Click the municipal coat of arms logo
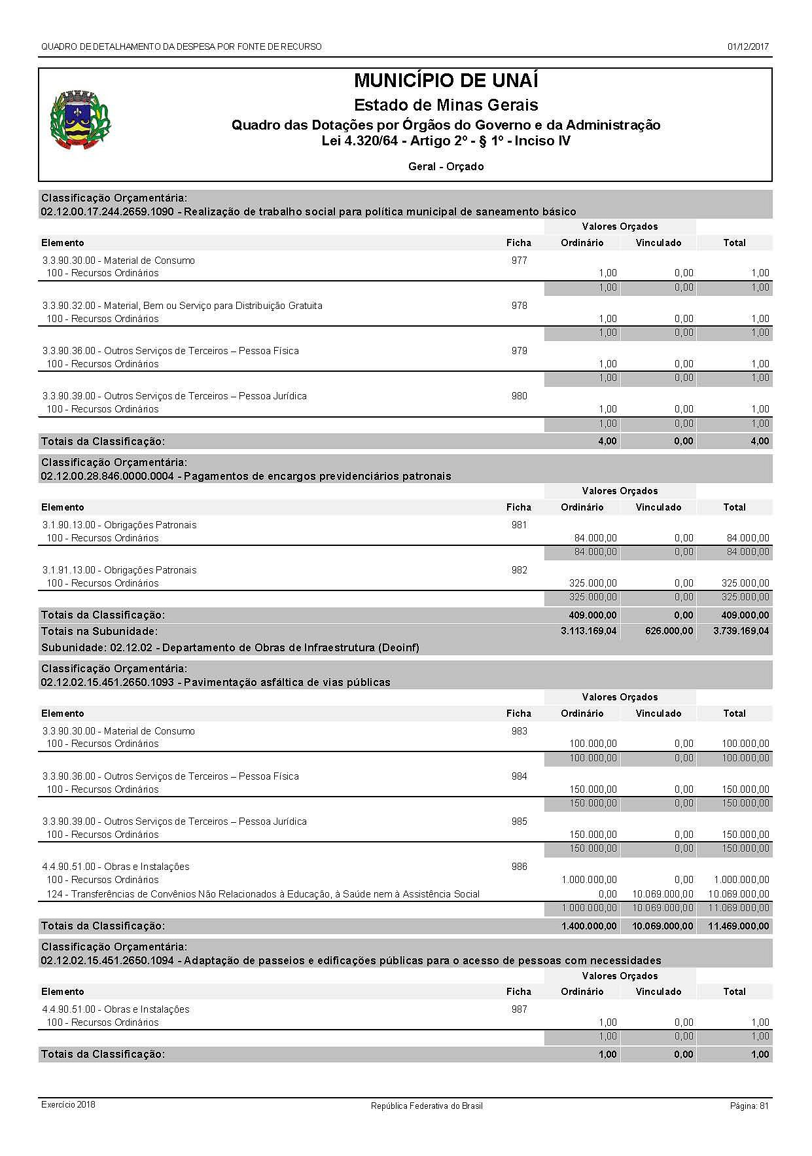coord(80,120)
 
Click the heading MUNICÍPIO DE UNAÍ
coord(446,81)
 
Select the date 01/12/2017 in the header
coord(748,46)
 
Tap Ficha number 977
coord(519,261)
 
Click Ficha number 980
coord(519,396)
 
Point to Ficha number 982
coord(519,570)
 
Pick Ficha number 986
coord(519,867)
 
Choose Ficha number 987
coord(519,1009)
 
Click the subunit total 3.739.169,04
coord(741,632)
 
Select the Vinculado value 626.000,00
coord(665,632)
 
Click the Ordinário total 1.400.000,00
coord(588,926)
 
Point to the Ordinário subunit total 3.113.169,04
coord(588,632)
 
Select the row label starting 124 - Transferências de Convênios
coord(262,894)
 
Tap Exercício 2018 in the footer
coord(68,1105)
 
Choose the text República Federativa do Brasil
coord(427,1106)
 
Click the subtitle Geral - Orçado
coord(446,167)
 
